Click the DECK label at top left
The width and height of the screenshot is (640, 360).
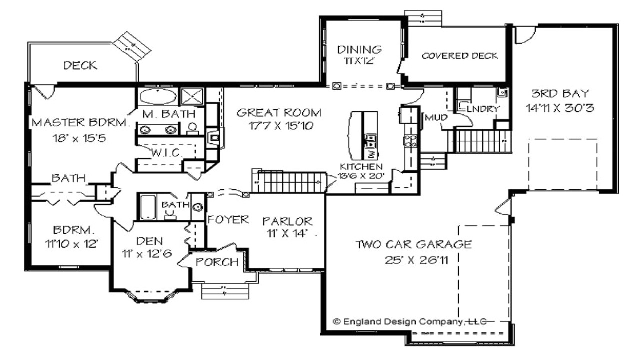pyautogui.click(x=80, y=65)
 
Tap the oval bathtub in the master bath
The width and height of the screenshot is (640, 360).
pyautogui.click(x=158, y=96)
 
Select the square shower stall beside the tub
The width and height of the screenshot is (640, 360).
pyautogui.click(x=192, y=97)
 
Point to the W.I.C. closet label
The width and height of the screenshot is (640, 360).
pyautogui.click(x=167, y=153)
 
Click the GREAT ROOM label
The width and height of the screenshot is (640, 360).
pyautogui.click(x=279, y=113)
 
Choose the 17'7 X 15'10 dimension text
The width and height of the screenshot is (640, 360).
pyautogui.click(x=281, y=125)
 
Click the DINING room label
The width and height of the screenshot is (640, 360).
pyautogui.click(x=359, y=49)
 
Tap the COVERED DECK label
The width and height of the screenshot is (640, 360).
pyautogui.click(x=460, y=56)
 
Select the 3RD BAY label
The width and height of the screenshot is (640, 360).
pyautogui.click(x=560, y=93)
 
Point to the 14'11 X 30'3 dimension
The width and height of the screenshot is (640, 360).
pyautogui.click(x=560, y=108)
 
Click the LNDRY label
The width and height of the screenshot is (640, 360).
pyautogui.click(x=483, y=109)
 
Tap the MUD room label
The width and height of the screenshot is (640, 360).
pyautogui.click(x=436, y=117)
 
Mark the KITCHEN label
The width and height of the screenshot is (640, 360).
pyautogui.click(x=361, y=166)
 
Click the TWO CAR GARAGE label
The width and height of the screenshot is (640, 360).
pyautogui.click(x=413, y=245)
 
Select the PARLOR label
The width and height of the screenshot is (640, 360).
pyautogui.click(x=287, y=221)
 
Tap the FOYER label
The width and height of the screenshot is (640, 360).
pyautogui.click(x=228, y=219)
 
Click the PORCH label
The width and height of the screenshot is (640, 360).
pyautogui.click(x=217, y=262)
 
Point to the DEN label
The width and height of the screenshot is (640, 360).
pyautogui.click(x=150, y=241)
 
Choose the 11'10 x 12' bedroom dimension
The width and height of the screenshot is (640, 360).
pyautogui.click(x=72, y=244)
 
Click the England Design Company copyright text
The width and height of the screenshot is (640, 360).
pyautogui.click(x=410, y=322)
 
